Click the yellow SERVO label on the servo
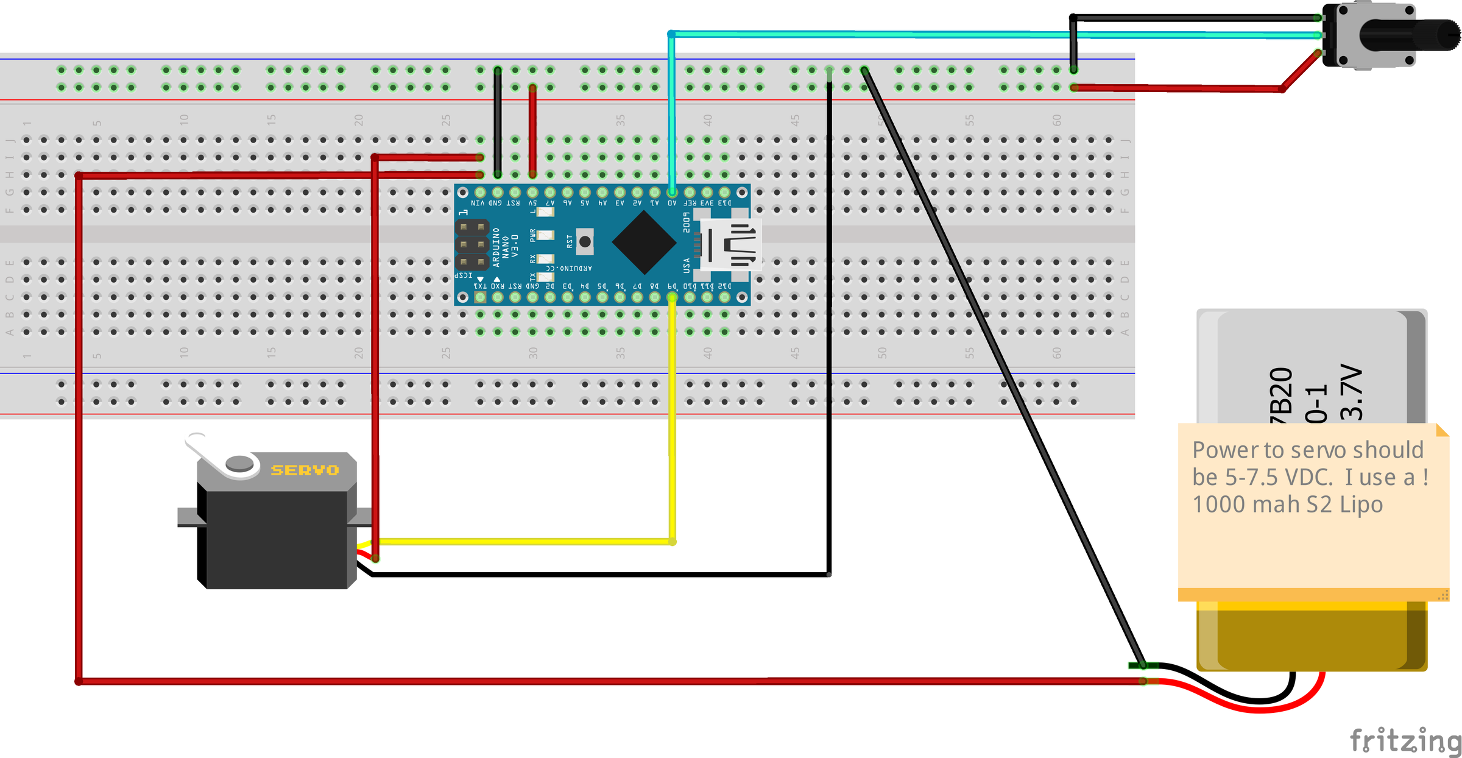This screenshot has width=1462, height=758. (x=304, y=470)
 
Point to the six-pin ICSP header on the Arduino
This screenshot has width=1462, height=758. (x=472, y=244)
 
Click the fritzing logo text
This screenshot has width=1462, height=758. (x=1405, y=741)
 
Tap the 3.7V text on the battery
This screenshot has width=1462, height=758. (x=1351, y=392)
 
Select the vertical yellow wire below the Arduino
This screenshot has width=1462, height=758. (x=673, y=427)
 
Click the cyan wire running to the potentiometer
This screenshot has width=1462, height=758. (x=914, y=35)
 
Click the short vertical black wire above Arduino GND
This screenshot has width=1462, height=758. (x=498, y=122)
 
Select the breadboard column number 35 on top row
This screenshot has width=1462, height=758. (x=620, y=120)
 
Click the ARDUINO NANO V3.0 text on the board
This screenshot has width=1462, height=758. (x=505, y=247)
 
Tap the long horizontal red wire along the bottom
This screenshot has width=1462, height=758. (x=609, y=681)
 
